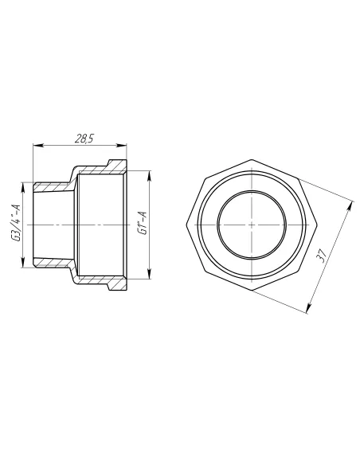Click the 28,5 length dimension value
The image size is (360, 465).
click(x=84, y=139)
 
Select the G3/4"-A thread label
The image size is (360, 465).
click(x=16, y=223)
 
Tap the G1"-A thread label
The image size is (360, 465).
click(x=143, y=223)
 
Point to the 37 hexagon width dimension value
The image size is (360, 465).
click(x=322, y=255)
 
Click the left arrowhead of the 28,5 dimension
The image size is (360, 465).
click(x=38, y=145)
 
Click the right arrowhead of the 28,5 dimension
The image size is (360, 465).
click(x=121, y=145)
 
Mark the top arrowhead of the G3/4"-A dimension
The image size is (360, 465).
click(x=23, y=188)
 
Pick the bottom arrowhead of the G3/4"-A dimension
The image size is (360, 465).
click(x=23, y=261)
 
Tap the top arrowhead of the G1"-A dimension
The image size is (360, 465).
click(x=149, y=177)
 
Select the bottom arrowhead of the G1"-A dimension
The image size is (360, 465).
click(x=149, y=273)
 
